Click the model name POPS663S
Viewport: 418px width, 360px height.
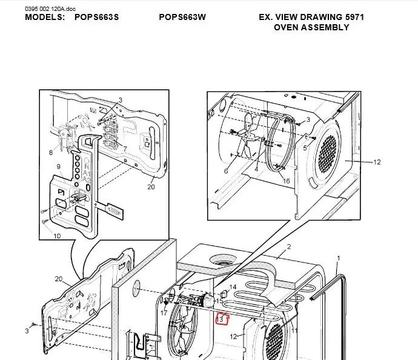tap(96, 18)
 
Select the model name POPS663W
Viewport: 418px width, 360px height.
tap(182, 18)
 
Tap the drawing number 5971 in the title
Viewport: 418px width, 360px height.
tap(354, 18)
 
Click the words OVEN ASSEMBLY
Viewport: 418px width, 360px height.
tap(311, 27)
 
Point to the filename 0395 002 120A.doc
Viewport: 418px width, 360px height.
tap(50, 9)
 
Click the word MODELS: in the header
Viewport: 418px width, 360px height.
tap(45, 18)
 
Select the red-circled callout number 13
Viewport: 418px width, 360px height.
tap(220, 319)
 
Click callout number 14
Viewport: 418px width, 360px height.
tap(233, 287)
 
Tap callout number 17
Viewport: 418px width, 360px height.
tap(164, 313)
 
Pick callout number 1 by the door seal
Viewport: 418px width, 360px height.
tap(339, 258)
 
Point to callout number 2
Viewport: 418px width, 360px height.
tap(289, 247)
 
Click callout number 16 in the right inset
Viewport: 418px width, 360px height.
tap(286, 181)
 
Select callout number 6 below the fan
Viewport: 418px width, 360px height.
tap(226, 171)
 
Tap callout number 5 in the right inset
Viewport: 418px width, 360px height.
tap(305, 148)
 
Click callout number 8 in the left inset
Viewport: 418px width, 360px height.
tap(51, 153)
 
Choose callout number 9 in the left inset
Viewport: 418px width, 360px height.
tap(58, 167)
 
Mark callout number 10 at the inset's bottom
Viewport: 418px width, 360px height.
tap(57, 236)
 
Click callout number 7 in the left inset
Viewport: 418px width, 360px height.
tap(125, 149)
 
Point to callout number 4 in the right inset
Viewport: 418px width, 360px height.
tap(256, 169)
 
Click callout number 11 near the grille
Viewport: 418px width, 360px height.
tap(294, 331)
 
